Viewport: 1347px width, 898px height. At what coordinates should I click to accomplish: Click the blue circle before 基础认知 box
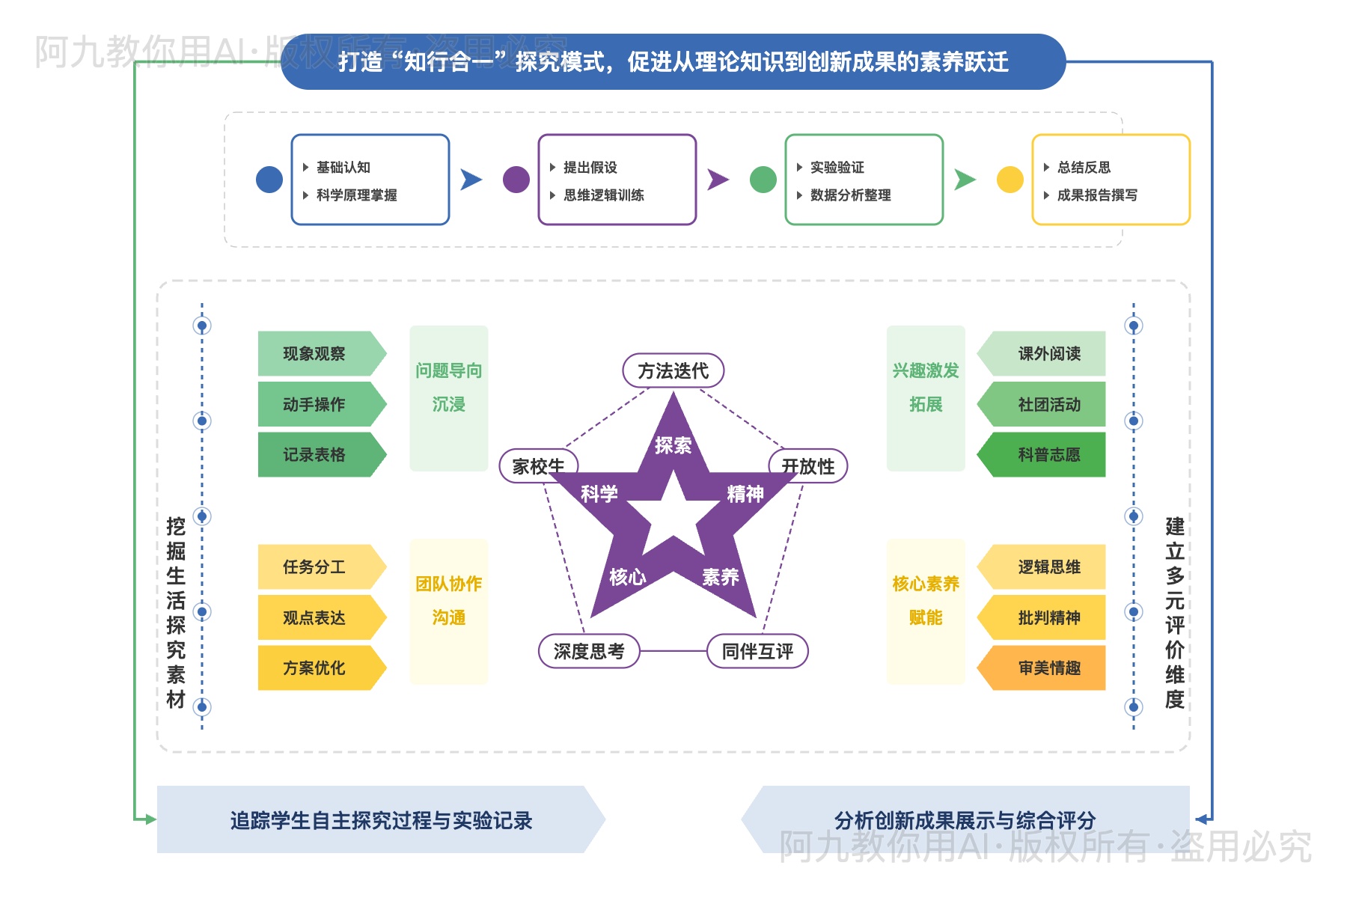tap(269, 180)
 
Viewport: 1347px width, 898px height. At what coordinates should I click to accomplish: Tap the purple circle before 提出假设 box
tap(516, 180)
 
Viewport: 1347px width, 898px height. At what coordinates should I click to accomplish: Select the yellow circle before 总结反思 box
tap(1010, 180)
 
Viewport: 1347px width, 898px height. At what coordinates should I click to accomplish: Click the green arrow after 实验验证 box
tap(965, 180)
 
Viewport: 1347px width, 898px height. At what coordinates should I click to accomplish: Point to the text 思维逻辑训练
tap(603, 195)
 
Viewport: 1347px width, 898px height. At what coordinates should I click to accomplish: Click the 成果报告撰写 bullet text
tap(1097, 195)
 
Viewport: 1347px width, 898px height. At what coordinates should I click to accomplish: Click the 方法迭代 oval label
tap(673, 370)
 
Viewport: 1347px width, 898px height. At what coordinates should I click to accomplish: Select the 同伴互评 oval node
tap(757, 651)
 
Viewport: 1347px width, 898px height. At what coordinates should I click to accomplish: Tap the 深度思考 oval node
tap(589, 651)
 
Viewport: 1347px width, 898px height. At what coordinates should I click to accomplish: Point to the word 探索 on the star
tap(673, 445)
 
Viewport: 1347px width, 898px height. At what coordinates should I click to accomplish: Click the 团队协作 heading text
tap(448, 584)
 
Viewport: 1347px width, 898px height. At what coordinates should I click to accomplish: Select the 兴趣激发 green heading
tap(926, 370)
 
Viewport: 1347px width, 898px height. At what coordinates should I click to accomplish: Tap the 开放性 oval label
tap(808, 466)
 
